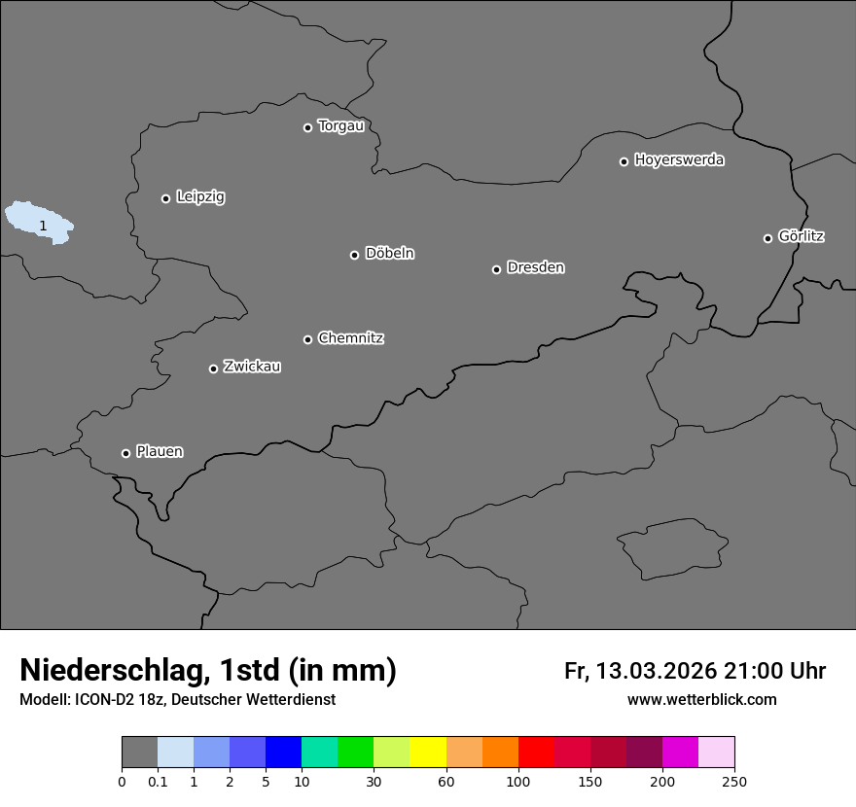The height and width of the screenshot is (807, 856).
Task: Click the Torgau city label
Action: pyautogui.click(x=340, y=126)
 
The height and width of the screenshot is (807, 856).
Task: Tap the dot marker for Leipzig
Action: pyautogui.click(x=165, y=198)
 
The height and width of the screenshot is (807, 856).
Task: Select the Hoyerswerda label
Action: pyautogui.click(x=679, y=160)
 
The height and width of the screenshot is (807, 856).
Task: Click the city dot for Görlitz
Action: pyautogui.click(x=767, y=238)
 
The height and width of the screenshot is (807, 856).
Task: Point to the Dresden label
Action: pyautogui.click(x=535, y=267)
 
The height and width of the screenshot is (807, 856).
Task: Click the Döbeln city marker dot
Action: pyautogui.click(x=354, y=255)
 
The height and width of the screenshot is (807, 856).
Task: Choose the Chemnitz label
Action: pyautogui.click(x=350, y=338)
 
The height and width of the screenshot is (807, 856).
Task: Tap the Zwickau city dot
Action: pyautogui.click(x=213, y=368)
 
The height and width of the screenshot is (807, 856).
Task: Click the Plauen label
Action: pyautogui.click(x=160, y=452)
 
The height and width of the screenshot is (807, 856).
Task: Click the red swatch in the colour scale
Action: pyautogui.click(x=536, y=753)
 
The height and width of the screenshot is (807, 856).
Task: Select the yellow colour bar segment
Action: pyautogui.click(x=428, y=753)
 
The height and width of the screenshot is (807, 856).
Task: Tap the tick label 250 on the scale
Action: pyautogui.click(x=734, y=782)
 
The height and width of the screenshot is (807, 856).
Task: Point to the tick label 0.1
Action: pyautogui.click(x=158, y=782)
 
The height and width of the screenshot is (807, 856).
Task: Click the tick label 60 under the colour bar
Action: pyautogui.click(x=446, y=782)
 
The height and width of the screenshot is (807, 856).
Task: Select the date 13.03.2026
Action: pyautogui.click(x=656, y=671)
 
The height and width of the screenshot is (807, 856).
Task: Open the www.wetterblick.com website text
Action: pyautogui.click(x=701, y=700)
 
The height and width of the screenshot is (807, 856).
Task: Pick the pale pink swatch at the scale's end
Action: pyautogui.click(x=717, y=753)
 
